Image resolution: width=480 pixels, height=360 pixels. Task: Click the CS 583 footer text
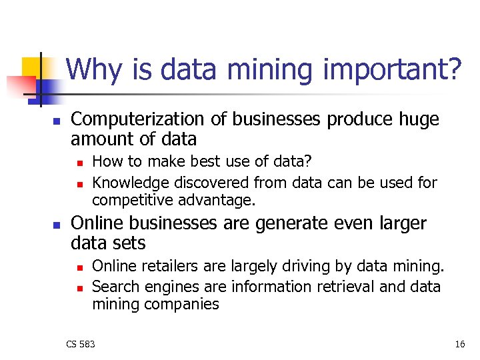(x=81, y=344)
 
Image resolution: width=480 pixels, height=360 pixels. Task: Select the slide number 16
(x=459, y=344)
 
